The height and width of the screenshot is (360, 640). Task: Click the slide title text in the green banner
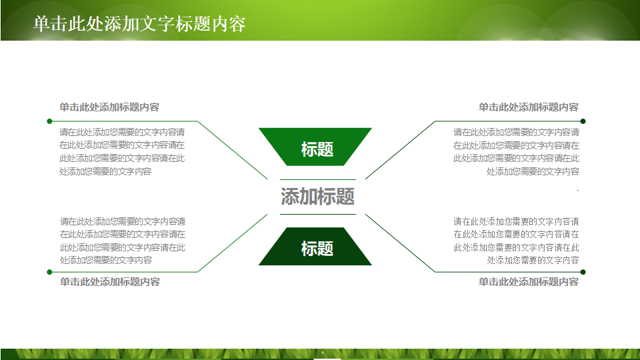(x=139, y=24)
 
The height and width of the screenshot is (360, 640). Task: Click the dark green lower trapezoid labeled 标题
(x=315, y=247)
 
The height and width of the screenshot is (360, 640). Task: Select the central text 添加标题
(x=317, y=197)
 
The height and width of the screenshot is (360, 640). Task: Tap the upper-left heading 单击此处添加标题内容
(x=109, y=107)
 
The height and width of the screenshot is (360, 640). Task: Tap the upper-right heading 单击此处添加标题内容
(x=528, y=107)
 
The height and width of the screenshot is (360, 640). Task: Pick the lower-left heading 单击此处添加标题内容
(x=109, y=282)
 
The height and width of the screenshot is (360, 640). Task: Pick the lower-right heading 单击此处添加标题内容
(x=528, y=282)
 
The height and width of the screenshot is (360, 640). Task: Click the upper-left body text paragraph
(x=123, y=152)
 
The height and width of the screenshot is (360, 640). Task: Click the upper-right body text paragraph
(x=516, y=152)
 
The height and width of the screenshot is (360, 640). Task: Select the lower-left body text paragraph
(x=123, y=241)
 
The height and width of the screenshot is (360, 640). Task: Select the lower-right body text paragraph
(x=516, y=241)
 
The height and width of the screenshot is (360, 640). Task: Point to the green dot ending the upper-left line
(x=49, y=121)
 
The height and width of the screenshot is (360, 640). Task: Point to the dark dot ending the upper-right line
(x=583, y=121)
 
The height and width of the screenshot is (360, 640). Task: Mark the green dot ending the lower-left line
(x=49, y=272)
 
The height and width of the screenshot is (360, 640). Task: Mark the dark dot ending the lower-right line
(x=583, y=272)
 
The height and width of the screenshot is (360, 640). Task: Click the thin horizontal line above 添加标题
(x=317, y=179)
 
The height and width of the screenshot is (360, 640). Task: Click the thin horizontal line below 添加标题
(x=317, y=214)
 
